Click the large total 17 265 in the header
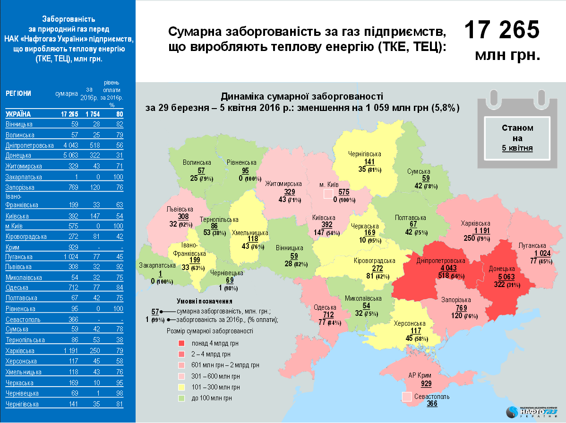(501, 30)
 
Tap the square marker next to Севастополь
(406, 397)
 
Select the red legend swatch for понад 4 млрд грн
(181, 343)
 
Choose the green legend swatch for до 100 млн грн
(181, 398)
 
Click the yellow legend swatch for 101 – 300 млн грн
(181, 387)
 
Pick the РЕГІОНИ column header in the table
(18, 93)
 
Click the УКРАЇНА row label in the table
(18, 114)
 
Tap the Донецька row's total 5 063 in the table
(69, 155)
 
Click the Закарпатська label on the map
(157, 266)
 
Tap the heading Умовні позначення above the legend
(205, 301)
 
